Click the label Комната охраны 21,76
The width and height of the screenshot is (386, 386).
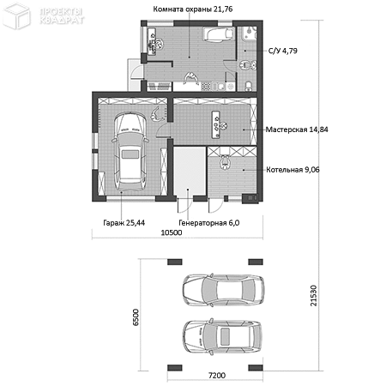[193, 9]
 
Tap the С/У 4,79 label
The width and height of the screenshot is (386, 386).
[283, 51]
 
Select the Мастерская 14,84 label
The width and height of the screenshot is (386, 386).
[297, 130]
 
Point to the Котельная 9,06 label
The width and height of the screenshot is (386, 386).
[293, 170]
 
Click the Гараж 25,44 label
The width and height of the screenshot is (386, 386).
[124, 223]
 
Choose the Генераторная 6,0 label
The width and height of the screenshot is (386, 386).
[209, 223]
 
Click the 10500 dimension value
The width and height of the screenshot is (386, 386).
[172, 232]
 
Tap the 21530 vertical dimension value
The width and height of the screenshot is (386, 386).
[314, 295]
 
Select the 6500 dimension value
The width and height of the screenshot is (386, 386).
[136, 317]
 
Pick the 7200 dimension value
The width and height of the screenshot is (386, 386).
[217, 375]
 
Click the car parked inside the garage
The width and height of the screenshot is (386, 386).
[130, 151]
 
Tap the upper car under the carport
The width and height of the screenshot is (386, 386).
[223, 291]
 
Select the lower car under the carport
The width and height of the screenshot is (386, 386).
[222, 335]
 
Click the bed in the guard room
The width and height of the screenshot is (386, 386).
[218, 34]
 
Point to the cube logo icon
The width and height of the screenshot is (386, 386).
[16, 16]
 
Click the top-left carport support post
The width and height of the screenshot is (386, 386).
[174, 262]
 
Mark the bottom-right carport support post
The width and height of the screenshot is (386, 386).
[256, 368]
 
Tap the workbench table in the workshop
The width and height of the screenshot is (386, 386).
[216, 124]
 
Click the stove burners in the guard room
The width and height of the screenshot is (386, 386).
[206, 86]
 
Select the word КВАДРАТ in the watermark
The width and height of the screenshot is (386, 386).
[62, 20]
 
